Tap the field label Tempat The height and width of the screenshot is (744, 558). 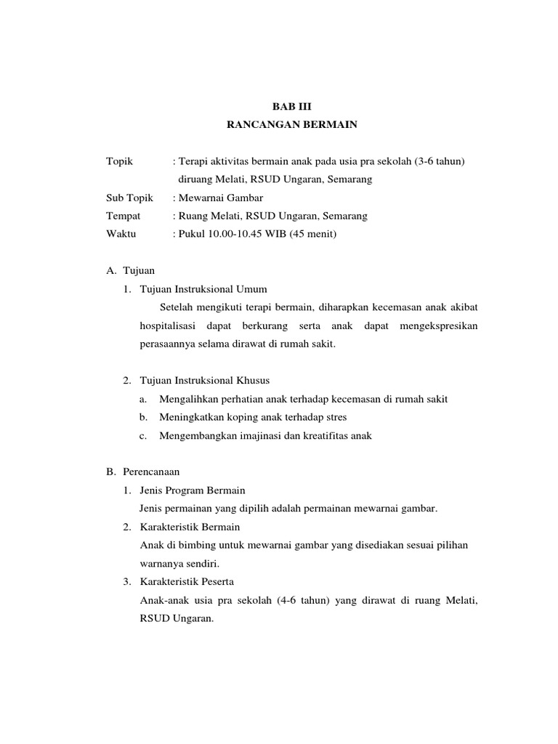tap(123, 216)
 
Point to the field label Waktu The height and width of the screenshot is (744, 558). tap(121, 234)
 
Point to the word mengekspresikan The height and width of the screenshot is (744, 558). tap(439, 325)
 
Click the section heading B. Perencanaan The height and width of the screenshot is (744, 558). tap(143, 472)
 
